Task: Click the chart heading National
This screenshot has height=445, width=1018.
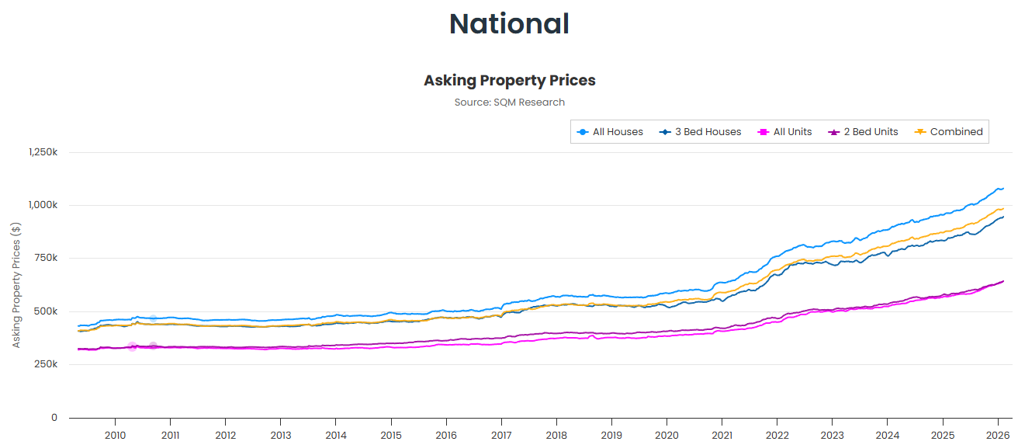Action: point(509,24)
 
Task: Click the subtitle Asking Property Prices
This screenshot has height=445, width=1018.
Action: point(509,81)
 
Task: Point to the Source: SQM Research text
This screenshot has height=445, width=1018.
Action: point(509,103)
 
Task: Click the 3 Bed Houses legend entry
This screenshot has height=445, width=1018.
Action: point(701,132)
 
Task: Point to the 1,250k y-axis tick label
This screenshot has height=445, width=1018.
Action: point(43,152)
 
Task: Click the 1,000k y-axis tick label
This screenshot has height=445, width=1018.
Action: point(43,205)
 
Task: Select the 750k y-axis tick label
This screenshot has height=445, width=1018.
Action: point(47,258)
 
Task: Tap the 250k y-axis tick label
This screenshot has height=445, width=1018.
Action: point(47,364)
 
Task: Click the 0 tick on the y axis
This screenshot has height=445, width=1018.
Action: point(54,418)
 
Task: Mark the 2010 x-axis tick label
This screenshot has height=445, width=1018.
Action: point(115,435)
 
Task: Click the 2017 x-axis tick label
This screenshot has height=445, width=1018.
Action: point(501,435)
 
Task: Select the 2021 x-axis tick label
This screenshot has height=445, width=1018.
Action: point(722,435)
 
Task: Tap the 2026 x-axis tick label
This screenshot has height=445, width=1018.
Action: point(998,435)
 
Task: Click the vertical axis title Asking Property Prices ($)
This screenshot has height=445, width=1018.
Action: point(16,284)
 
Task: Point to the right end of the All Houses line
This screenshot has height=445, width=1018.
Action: point(1002,188)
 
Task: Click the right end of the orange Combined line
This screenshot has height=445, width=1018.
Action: point(1002,208)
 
